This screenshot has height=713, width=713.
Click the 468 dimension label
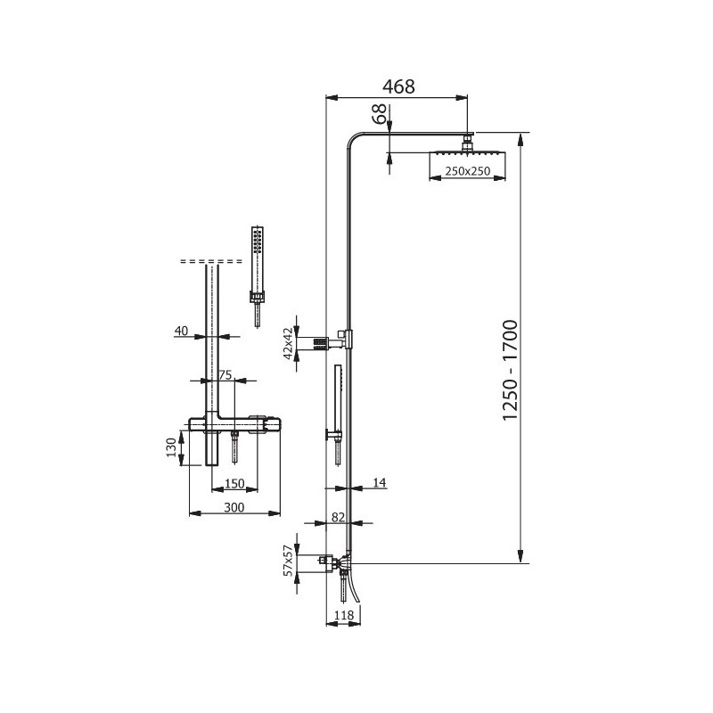click(x=398, y=86)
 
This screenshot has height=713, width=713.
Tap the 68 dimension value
click(x=380, y=114)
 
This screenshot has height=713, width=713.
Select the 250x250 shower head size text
click(x=467, y=171)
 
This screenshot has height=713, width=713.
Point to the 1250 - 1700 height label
click(x=510, y=370)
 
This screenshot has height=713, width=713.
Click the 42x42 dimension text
click(x=288, y=343)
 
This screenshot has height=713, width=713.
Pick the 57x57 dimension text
click(x=288, y=561)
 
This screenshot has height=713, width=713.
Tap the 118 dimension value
click(x=344, y=615)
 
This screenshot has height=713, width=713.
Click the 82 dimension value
click(x=339, y=517)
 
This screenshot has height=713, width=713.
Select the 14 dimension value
click(x=380, y=482)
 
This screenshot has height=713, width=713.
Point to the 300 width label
click(x=234, y=507)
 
